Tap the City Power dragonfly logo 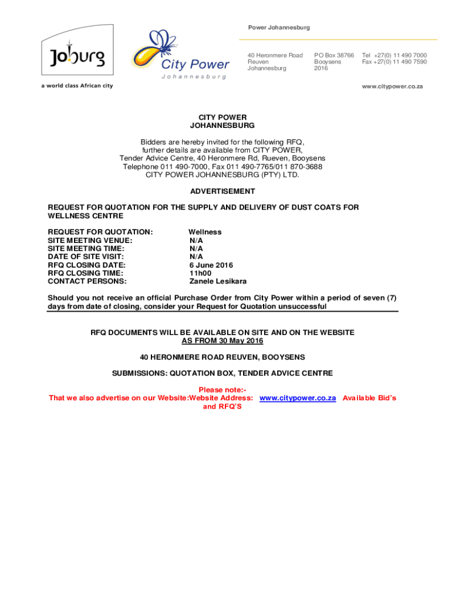pos(179,53)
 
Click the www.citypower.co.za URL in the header pos(392,86)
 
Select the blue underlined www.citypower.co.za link pos(297,398)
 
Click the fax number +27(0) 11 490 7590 pos(394,62)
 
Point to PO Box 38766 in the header pos(334,55)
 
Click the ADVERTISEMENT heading pos(222,191)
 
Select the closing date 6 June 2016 pos(211,265)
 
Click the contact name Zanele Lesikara pos(218,281)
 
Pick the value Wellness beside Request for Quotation pos(205,232)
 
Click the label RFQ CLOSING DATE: pos(86,265)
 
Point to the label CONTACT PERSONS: pos(87,281)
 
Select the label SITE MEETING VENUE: pos(90,240)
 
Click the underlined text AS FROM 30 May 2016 pos(222,341)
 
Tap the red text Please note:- pos(222,390)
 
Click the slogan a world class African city pos(76,86)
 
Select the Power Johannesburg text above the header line pos(279,28)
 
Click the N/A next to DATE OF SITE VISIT pos(196,256)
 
